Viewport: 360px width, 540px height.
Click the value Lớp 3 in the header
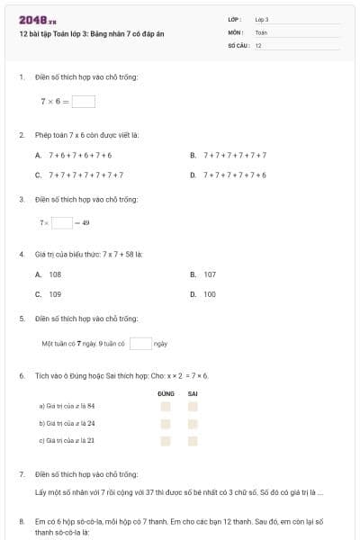262,19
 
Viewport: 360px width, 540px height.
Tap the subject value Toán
261,32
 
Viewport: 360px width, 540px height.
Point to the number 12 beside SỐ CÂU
258,45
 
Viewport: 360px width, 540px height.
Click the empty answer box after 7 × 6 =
84,102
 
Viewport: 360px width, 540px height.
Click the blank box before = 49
62,222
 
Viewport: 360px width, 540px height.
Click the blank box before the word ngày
140,343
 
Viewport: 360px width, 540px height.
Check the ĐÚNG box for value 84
166,407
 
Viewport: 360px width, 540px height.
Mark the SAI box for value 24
193,423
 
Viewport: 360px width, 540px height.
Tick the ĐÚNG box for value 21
166,440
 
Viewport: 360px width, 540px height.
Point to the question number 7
21,473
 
